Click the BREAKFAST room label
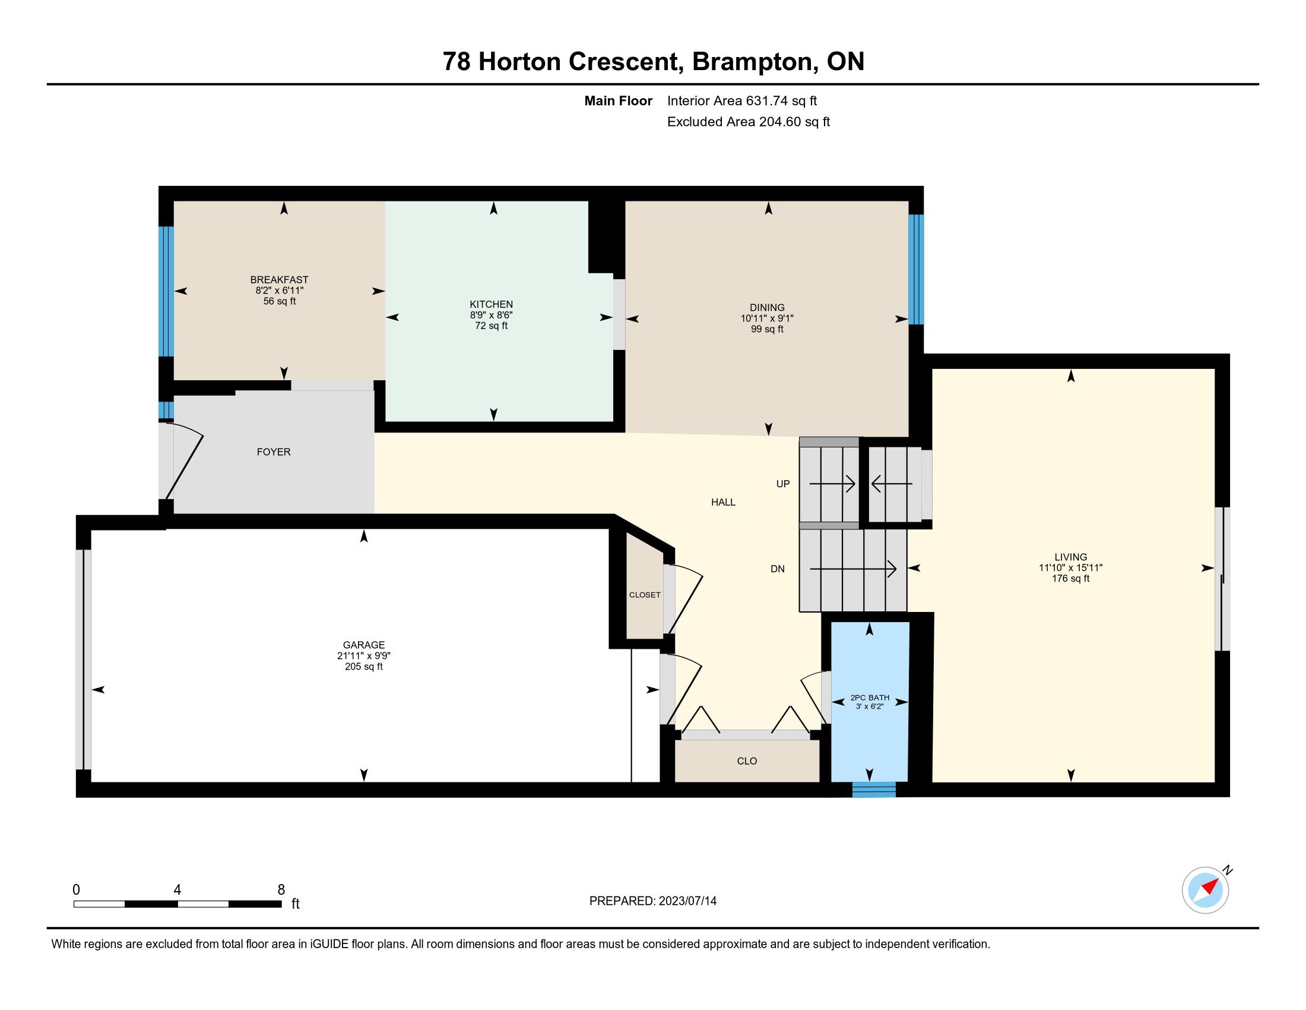(x=279, y=279)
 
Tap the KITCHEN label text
(x=491, y=304)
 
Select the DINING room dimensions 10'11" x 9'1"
(x=767, y=319)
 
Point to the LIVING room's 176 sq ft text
(x=1070, y=579)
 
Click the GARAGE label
(x=363, y=645)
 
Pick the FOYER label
(x=274, y=452)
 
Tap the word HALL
(x=723, y=502)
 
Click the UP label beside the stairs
(x=783, y=484)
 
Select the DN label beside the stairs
(x=778, y=569)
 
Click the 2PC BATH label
(x=870, y=697)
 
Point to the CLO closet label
(x=747, y=761)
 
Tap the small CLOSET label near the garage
(x=645, y=595)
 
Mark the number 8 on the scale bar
(x=281, y=890)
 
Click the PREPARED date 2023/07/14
(x=687, y=901)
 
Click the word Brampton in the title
(x=755, y=62)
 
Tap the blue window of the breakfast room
(x=166, y=291)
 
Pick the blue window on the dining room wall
(x=916, y=269)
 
